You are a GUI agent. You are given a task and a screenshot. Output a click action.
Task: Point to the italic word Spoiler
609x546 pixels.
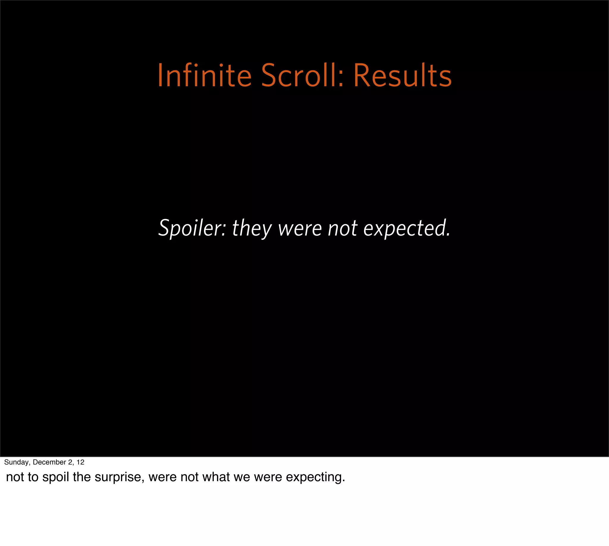192,228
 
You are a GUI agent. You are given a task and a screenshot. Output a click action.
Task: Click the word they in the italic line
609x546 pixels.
252,228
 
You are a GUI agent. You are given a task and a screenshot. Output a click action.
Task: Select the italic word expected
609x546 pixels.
407,228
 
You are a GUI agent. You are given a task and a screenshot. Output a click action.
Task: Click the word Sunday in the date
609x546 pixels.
16,462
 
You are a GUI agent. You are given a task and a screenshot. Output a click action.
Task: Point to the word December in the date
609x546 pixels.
49,462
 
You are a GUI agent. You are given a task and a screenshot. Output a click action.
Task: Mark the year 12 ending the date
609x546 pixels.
80,462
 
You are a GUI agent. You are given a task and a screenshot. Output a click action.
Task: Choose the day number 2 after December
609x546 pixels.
70,462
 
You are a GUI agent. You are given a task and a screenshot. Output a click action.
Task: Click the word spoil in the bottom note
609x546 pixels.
56,477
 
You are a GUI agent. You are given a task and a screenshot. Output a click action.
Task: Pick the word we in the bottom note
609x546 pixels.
242,477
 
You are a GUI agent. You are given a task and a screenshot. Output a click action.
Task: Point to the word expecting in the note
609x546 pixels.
315,477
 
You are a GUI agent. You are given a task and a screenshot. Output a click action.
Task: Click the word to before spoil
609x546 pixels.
33,477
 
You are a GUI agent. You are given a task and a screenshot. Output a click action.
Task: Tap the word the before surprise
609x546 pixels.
81,477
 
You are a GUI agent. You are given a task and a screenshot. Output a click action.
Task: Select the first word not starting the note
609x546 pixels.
15,477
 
